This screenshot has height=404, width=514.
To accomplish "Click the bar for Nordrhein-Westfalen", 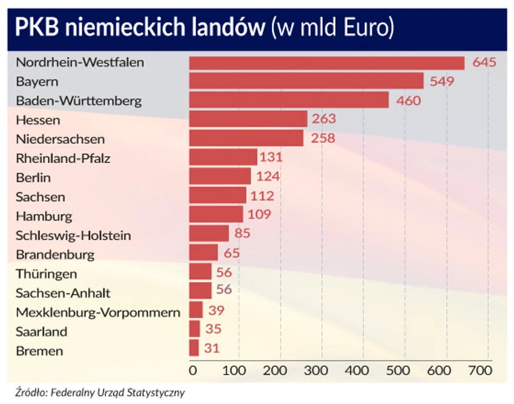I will click(326, 63).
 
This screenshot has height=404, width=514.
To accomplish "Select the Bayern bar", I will click(306, 81).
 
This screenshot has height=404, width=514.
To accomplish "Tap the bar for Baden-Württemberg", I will click(289, 100).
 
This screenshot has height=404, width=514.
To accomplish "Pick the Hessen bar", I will click(248, 120).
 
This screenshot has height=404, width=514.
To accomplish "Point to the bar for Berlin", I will click(220, 177).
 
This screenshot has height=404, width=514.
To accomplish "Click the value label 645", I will click(485, 63).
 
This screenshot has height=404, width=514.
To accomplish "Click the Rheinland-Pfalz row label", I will click(63, 159).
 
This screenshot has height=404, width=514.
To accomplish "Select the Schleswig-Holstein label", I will click(73, 235).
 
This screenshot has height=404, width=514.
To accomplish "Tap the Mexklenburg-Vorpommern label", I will click(98, 313).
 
